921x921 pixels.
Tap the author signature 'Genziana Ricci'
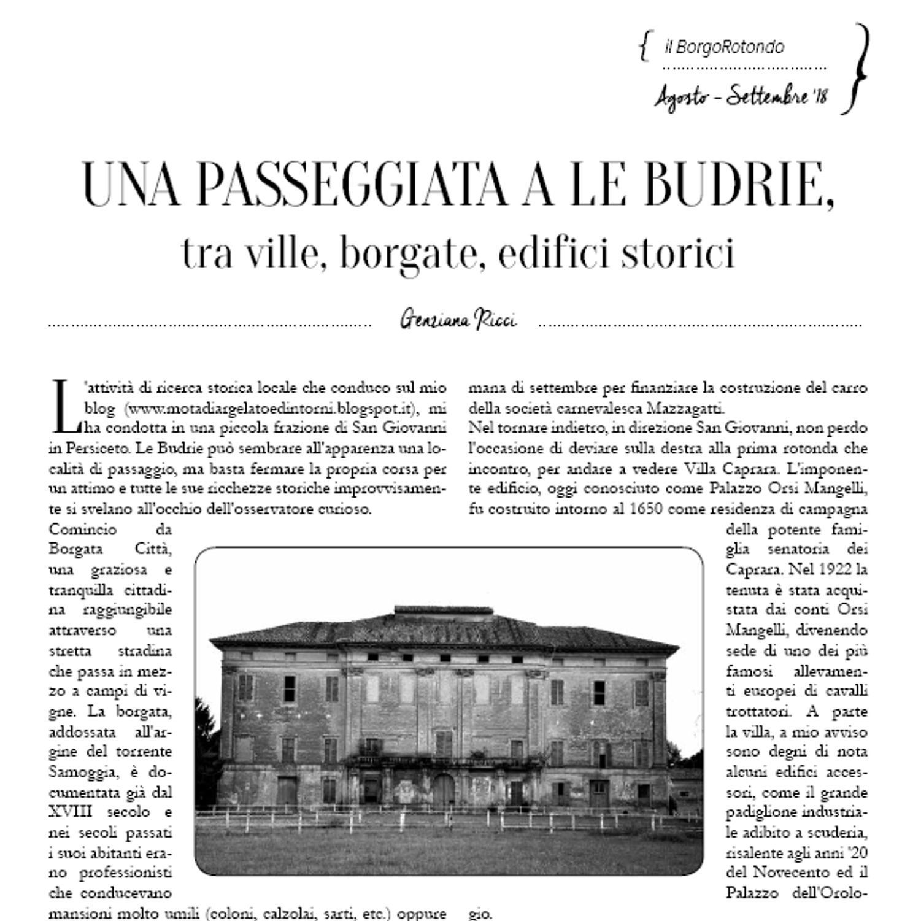458,320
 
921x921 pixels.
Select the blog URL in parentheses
272,408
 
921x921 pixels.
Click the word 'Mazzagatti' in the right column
688,408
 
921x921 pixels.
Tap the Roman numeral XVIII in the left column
71,812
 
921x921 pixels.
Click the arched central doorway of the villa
443,790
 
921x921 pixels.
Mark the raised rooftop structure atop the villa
443,611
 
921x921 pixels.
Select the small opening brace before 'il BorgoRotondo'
643,47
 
